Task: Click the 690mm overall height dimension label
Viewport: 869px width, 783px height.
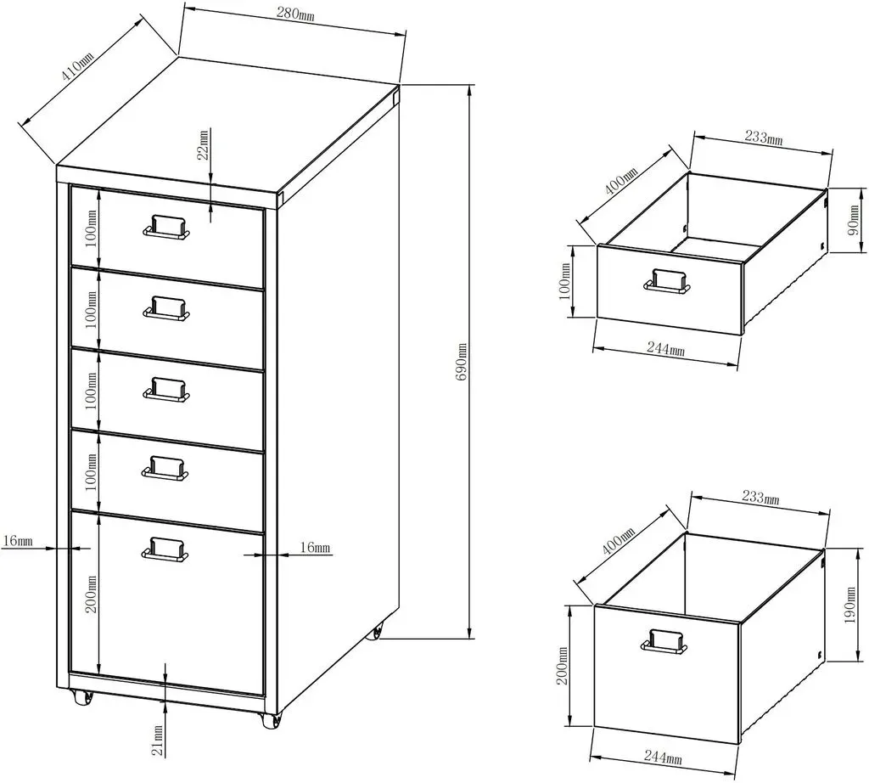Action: [x=463, y=362]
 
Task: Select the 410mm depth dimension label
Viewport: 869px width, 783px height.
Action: [x=77, y=65]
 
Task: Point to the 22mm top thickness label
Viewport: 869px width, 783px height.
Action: [x=204, y=145]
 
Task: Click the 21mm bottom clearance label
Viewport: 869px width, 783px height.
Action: [x=159, y=741]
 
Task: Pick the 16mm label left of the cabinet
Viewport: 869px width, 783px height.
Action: [x=18, y=540]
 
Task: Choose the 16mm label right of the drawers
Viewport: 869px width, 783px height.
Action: [x=315, y=548]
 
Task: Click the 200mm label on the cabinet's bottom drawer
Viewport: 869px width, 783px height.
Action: [x=92, y=594]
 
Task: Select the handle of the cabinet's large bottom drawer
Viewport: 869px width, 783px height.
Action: [x=165, y=549]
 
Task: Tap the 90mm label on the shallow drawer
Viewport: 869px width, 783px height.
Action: [x=855, y=220]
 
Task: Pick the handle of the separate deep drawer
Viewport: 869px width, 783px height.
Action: [x=664, y=640]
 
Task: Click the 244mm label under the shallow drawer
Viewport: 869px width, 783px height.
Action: [x=665, y=348]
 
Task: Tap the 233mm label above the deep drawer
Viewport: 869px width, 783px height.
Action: [x=760, y=497]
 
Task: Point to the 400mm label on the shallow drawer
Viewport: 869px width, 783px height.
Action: [x=620, y=179]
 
